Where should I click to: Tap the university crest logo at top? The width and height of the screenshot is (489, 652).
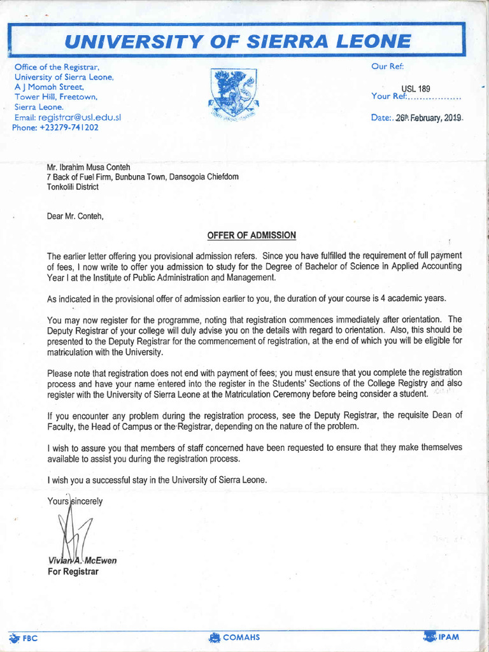click(233, 94)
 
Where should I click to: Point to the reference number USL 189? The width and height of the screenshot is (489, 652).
click(415, 89)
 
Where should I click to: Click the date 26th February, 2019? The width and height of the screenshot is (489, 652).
click(429, 118)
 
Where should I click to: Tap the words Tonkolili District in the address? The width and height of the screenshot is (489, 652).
click(73, 187)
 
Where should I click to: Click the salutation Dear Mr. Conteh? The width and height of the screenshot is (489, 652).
click(75, 216)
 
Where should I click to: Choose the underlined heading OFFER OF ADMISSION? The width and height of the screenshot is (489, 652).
click(252, 236)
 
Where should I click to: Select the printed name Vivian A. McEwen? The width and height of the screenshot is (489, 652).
click(82, 561)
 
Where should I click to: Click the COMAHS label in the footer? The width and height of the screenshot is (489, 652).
click(241, 637)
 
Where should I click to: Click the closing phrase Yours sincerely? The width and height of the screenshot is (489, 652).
click(74, 501)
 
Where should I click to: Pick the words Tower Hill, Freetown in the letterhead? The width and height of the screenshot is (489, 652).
click(55, 97)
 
